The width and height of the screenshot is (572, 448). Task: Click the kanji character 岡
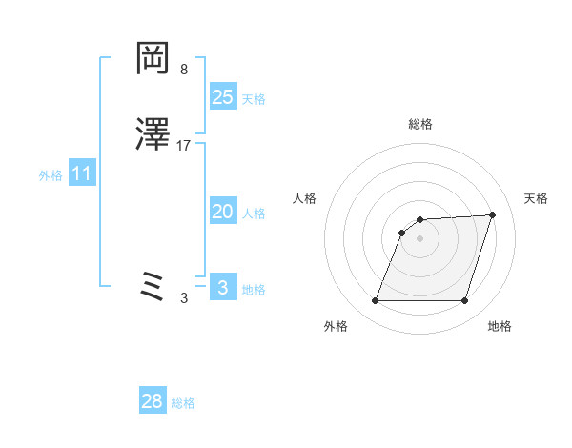[153, 60]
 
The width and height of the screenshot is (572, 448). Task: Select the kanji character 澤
[153, 135]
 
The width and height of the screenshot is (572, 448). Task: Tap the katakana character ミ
[153, 285]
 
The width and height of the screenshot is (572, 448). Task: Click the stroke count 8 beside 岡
[183, 70]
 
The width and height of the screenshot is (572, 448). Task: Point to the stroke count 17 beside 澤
[184, 146]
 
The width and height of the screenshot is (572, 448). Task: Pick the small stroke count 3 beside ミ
[183, 298]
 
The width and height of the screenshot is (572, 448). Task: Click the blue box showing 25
[223, 97]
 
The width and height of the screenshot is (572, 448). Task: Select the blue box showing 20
[223, 213]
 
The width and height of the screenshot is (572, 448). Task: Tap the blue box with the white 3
[223, 288]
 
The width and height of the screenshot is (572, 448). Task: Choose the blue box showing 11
[82, 174]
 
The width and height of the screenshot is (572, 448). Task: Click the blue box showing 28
[153, 402]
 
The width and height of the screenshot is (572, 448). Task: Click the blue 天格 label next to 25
[254, 99]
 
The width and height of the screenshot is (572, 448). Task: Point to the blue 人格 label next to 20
[254, 214]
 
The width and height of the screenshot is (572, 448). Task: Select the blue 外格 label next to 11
[51, 175]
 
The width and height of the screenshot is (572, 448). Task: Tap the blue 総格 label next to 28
[183, 403]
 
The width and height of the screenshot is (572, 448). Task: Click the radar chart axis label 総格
[420, 124]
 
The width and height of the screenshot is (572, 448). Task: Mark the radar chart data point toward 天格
[492, 214]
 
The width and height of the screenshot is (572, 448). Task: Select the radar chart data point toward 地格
[464, 301]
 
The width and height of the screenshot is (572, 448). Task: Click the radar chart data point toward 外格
[376, 301]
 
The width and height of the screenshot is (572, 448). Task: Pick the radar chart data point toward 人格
[402, 232]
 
